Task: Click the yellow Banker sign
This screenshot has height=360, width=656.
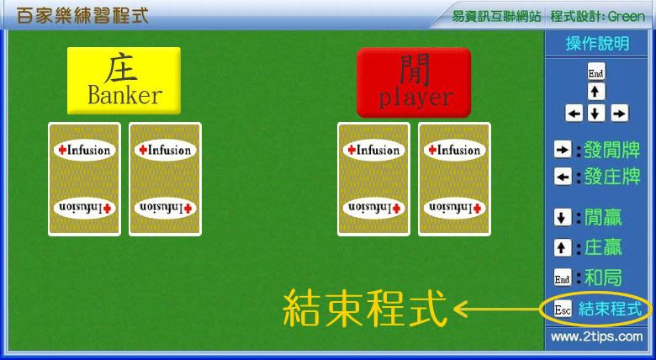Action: [x=124, y=81]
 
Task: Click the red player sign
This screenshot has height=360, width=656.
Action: [x=414, y=82]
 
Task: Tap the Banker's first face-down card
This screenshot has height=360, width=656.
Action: [x=84, y=179]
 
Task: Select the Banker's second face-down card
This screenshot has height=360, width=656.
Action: [x=165, y=179]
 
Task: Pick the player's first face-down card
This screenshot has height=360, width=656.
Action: [x=373, y=179]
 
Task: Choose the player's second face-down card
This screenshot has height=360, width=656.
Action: [x=454, y=179]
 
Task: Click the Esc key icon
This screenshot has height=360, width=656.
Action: [x=563, y=310]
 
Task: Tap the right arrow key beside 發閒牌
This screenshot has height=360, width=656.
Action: [x=563, y=150]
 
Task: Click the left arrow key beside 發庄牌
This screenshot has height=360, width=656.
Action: [x=563, y=177]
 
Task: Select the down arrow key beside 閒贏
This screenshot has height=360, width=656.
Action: [x=563, y=217]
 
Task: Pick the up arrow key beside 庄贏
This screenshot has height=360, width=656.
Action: [x=563, y=247]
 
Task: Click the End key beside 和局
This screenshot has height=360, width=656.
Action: [x=563, y=277]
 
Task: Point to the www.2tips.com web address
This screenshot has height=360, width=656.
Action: [x=596, y=336]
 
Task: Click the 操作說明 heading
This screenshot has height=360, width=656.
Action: [x=597, y=44]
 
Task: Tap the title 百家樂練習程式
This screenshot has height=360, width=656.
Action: [x=82, y=15]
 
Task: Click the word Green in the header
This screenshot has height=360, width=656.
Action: [x=627, y=16]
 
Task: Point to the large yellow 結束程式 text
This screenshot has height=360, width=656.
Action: [x=365, y=309]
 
